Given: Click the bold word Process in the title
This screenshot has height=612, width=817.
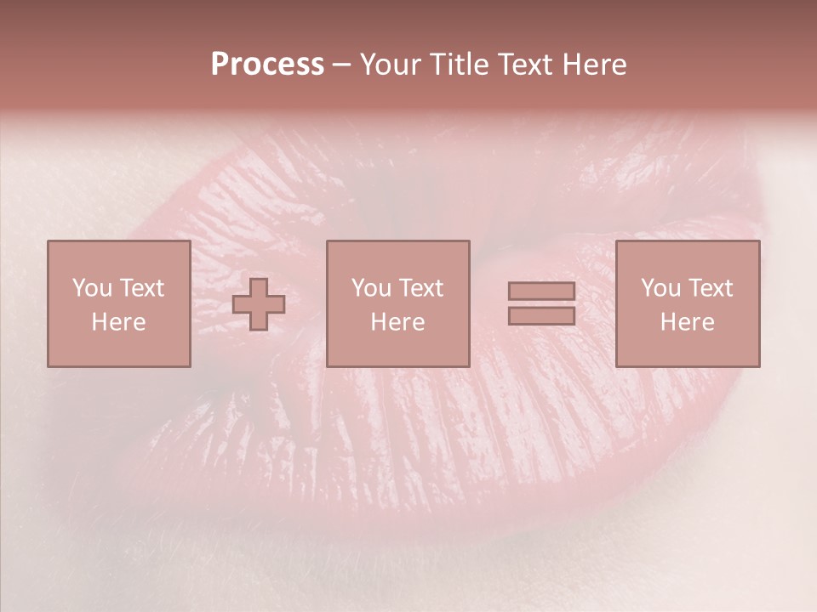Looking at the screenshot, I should pos(267,65).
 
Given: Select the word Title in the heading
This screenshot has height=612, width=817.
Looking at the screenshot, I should pos(460,65).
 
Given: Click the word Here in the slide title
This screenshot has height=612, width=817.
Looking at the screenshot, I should pos(596,65).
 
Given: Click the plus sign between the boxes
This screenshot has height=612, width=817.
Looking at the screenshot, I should pos(259,304).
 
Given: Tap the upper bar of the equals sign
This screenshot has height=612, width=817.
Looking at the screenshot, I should pos(541,292).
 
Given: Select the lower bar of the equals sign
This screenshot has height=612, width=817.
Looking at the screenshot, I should pos(541,315).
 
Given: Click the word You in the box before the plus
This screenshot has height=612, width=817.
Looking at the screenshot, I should pos(92,288).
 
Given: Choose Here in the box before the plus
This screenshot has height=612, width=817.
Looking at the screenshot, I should pos(118,322).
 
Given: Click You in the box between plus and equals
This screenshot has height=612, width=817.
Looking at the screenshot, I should pos(371,288).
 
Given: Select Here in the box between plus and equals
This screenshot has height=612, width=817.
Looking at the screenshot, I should pos(397,322).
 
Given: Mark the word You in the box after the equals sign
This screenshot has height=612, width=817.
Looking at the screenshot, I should pos(660,288).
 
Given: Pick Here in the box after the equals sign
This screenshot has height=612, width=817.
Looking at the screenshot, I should pos(687,322).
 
